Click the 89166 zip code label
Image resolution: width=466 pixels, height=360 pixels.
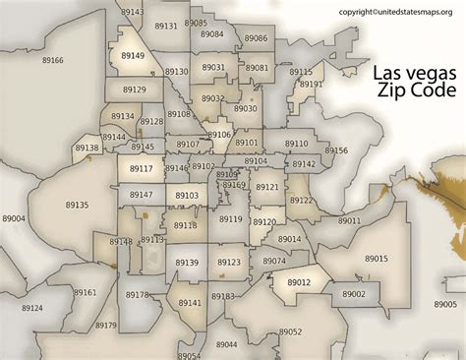pyautogui.click(x=53, y=61)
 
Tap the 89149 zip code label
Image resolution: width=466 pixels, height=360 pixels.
pyautogui.click(x=133, y=56)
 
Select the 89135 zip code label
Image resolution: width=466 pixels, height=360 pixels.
pyautogui.click(x=77, y=205)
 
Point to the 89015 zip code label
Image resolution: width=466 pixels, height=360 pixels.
pyautogui.click(x=377, y=258)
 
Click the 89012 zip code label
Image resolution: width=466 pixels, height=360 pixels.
pyautogui.click(x=299, y=282)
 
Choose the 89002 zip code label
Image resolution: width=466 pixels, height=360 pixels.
pyautogui.click(x=354, y=294)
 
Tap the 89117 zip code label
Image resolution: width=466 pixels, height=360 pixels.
pyautogui.click(x=142, y=169)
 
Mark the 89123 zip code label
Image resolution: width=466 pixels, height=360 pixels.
pyautogui.click(x=228, y=263)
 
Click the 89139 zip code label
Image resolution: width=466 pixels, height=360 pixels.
pyautogui.click(x=187, y=263)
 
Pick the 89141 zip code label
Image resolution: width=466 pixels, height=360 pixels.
pyautogui.click(x=190, y=303)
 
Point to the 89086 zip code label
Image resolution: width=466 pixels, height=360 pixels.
pyautogui.click(x=256, y=37)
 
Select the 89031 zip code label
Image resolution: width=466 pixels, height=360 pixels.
pyautogui.click(x=213, y=68)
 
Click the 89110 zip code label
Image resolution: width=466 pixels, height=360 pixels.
pyautogui.click(x=296, y=144)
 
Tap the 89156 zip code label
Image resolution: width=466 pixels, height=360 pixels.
pyautogui.click(x=336, y=150)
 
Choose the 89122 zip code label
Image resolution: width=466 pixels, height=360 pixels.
pyautogui.click(x=301, y=200)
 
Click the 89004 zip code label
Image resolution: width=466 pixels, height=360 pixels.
pyautogui.click(x=15, y=218)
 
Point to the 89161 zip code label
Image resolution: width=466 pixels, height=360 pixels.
pyautogui.click(x=86, y=292)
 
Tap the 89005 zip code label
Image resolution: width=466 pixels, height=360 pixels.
pyautogui.click(x=446, y=305)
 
